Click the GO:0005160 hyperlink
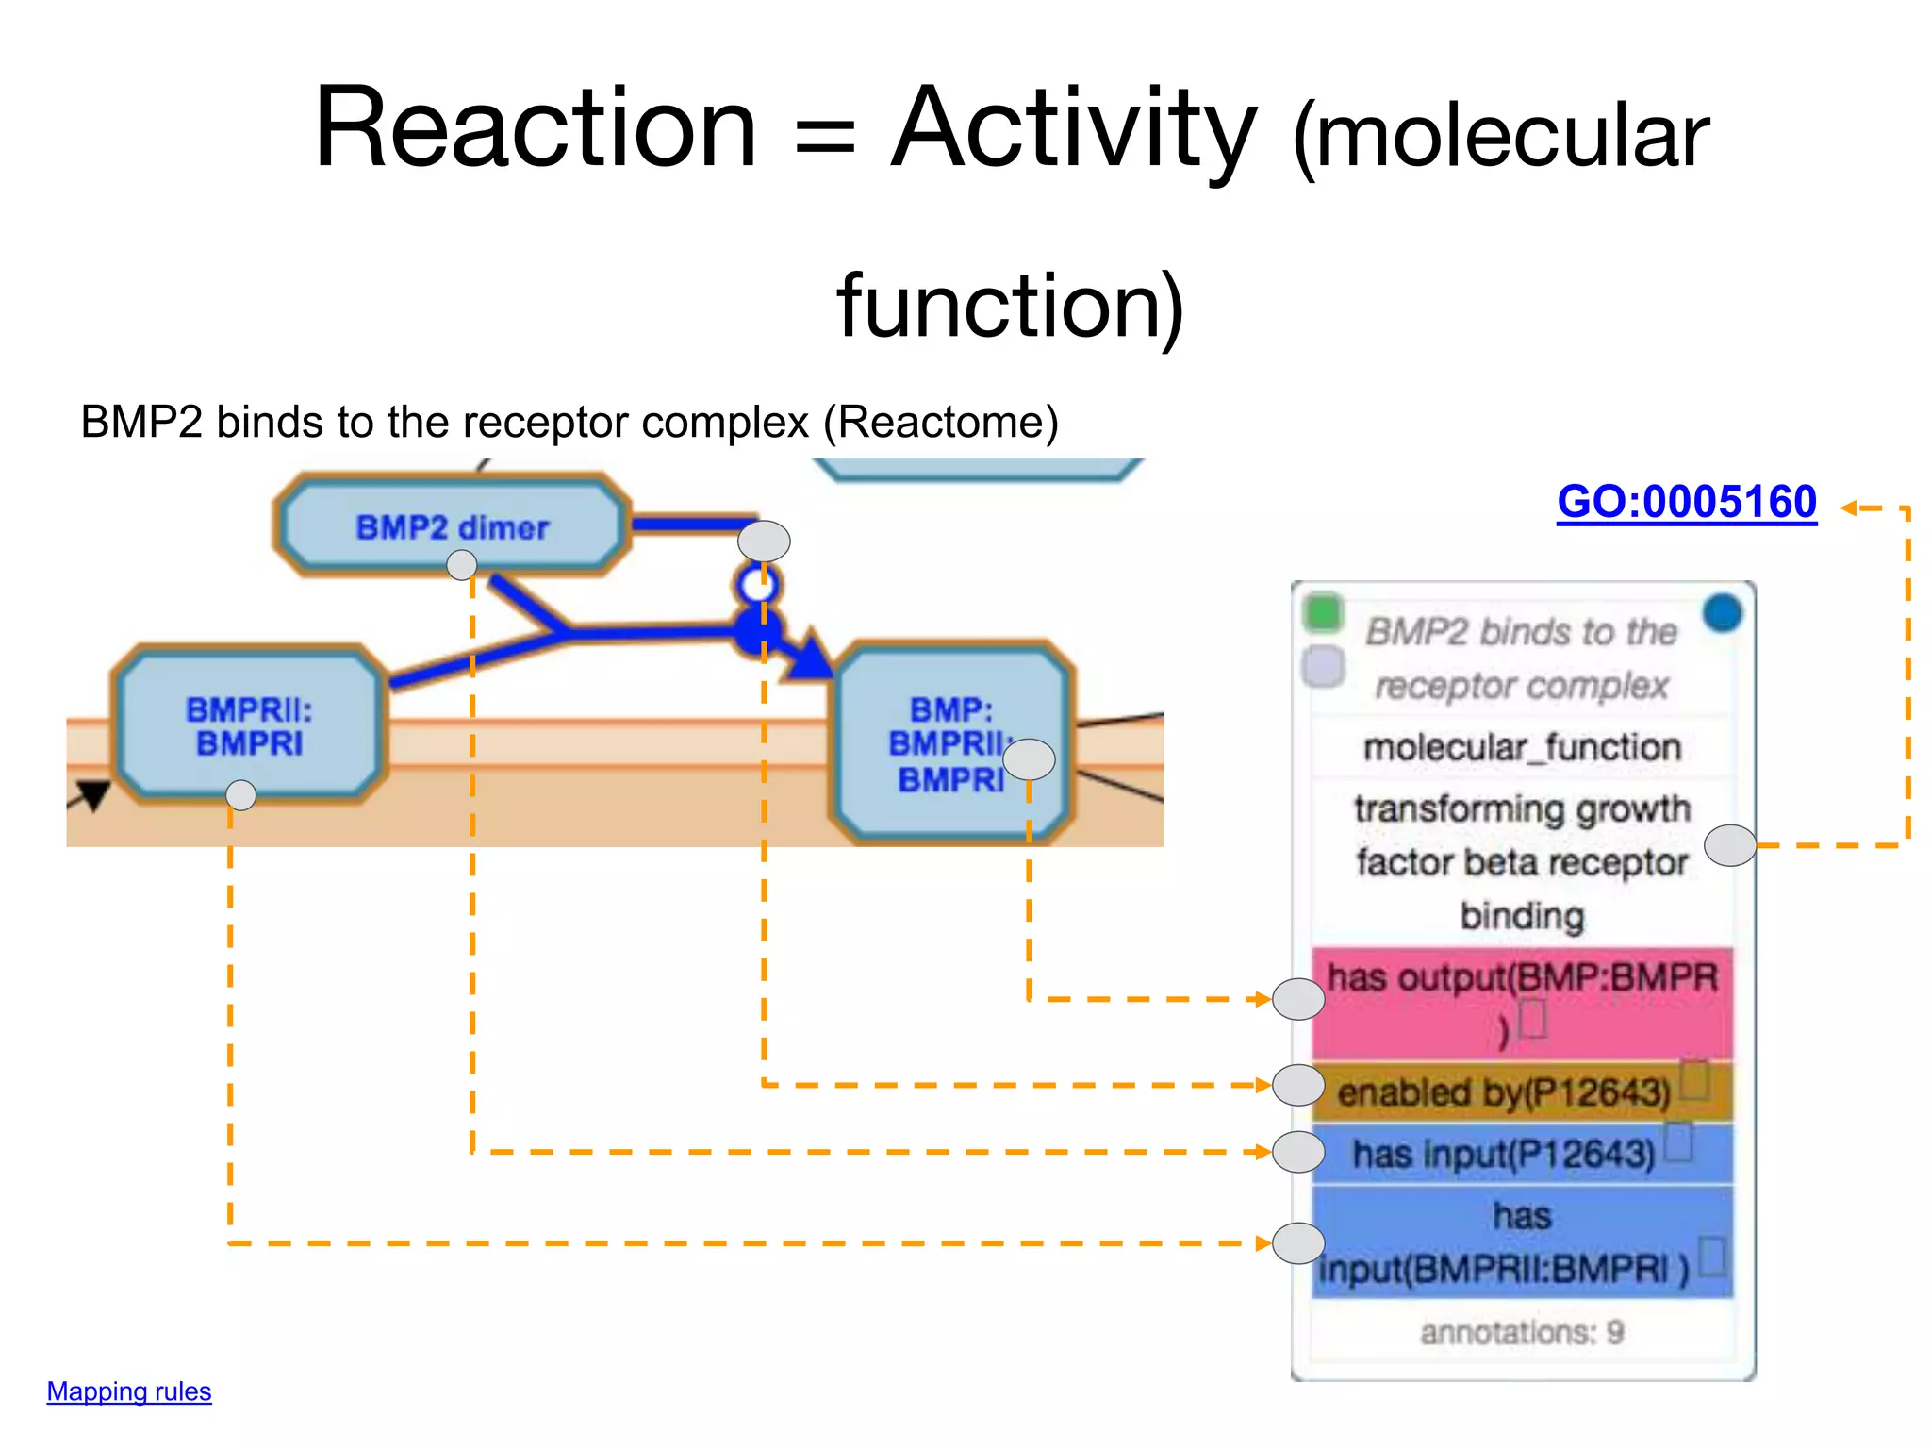click(1686, 501)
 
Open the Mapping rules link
click(129, 1391)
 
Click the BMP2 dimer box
click(452, 526)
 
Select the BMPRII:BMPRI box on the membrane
click(249, 726)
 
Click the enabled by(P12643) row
click(1504, 1092)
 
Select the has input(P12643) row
click(1504, 1153)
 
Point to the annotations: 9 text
click(1522, 1332)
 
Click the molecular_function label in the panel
click(1522, 747)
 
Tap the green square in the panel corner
click(1322, 612)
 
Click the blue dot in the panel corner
click(1722, 613)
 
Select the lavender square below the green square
click(1323, 666)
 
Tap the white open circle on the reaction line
click(756, 585)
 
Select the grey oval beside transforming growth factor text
click(1731, 845)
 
